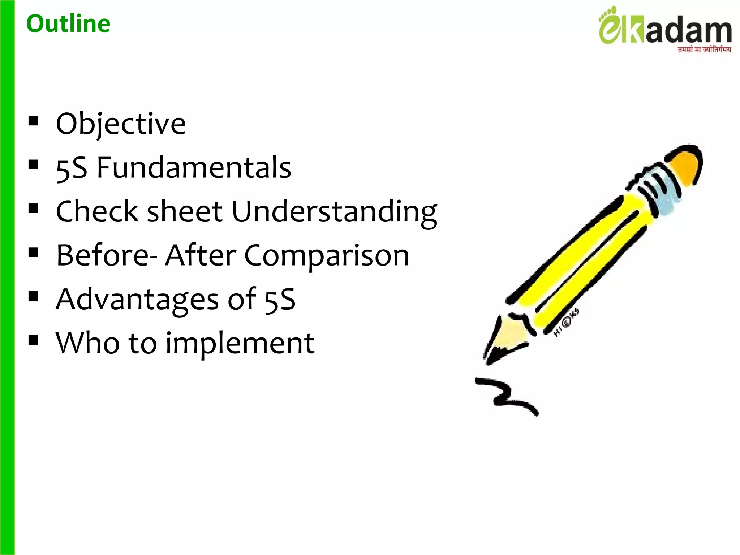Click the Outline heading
pos(68,24)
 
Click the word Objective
pos(121,124)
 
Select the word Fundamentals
pos(194,168)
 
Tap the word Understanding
pos(334,212)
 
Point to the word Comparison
pos(327,256)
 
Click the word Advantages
pos(137,300)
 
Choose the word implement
pos(240,343)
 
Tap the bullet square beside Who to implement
pos(33,340)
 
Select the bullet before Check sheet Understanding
pos(33,208)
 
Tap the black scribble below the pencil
pos(506,396)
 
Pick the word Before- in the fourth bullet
pos(107,256)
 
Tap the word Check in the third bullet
pos(97,212)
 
